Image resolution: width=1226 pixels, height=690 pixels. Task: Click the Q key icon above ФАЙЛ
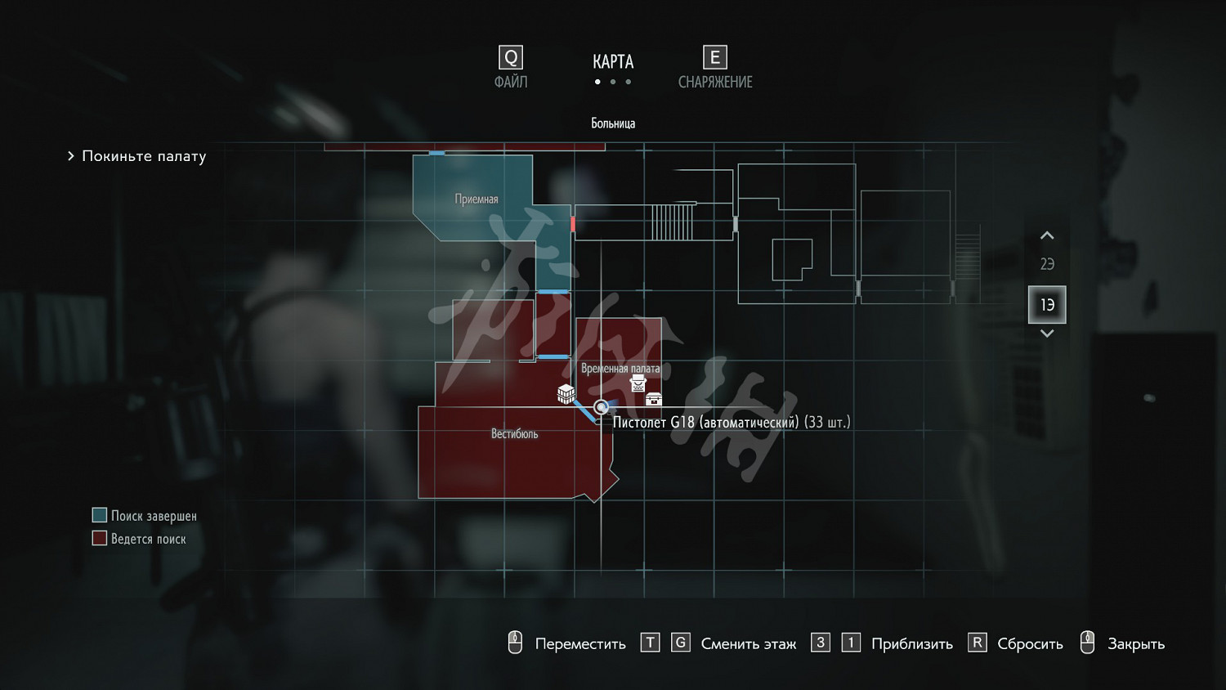(x=511, y=58)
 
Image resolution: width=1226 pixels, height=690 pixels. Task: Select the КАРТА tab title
(x=613, y=62)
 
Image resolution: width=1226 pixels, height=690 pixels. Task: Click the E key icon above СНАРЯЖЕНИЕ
(x=715, y=58)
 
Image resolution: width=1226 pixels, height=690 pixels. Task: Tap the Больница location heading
(x=613, y=123)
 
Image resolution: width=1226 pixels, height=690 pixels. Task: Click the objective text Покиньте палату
(x=144, y=156)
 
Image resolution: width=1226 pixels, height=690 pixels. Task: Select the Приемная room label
(x=477, y=199)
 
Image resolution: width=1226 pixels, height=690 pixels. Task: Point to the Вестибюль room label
(x=514, y=434)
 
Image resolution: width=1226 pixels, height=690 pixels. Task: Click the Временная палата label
(x=620, y=369)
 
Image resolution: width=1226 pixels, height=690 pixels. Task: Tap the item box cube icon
(x=566, y=394)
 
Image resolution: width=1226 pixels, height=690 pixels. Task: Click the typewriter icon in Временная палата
(x=638, y=383)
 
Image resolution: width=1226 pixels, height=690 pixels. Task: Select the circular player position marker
(x=602, y=407)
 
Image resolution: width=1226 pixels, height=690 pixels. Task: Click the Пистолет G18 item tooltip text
(x=732, y=423)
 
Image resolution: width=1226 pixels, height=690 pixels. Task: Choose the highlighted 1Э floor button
(x=1047, y=305)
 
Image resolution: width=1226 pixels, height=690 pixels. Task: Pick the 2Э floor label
(x=1047, y=264)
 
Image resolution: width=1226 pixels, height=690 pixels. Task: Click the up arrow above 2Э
(x=1047, y=236)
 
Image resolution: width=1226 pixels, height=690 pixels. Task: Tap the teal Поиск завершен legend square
(x=100, y=515)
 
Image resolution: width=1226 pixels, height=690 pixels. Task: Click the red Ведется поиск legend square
(x=100, y=538)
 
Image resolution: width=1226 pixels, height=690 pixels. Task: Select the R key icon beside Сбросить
(x=977, y=643)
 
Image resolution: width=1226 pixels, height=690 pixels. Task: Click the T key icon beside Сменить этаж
(x=650, y=643)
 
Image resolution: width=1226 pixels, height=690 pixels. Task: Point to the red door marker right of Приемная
(x=573, y=223)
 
